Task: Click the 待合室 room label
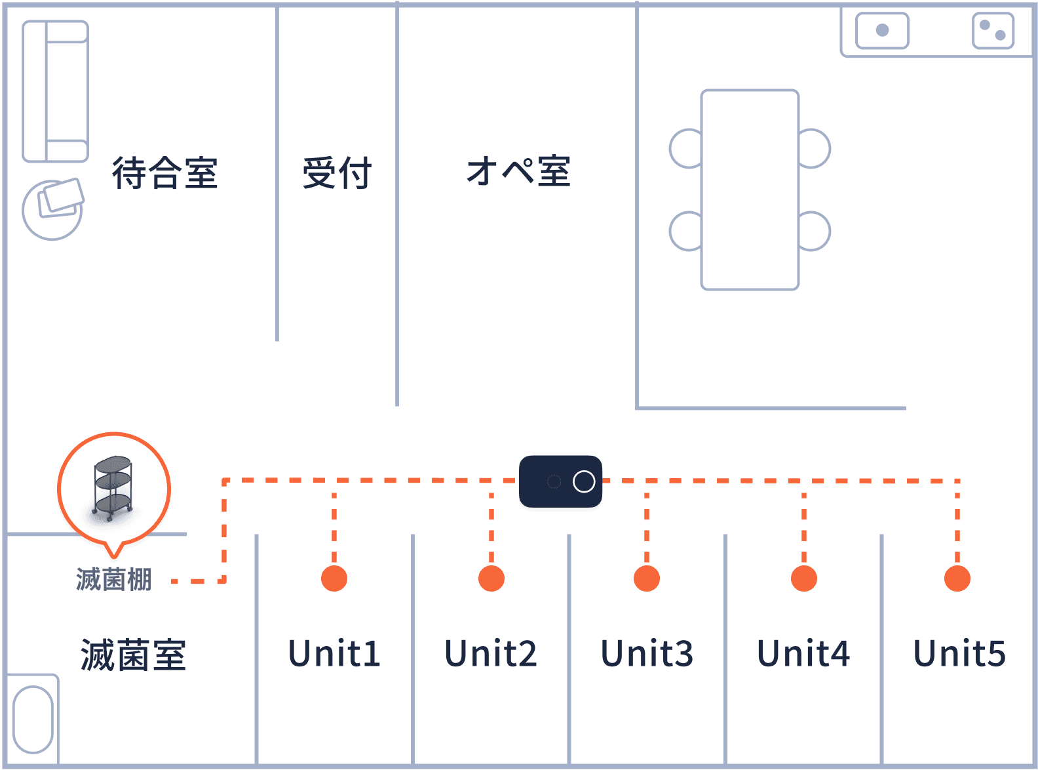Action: pyautogui.click(x=164, y=173)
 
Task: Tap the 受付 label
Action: pyautogui.click(x=337, y=173)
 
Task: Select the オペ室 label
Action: pyautogui.click(x=518, y=172)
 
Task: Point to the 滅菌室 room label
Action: pyautogui.click(x=133, y=655)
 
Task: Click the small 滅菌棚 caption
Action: pyautogui.click(x=114, y=580)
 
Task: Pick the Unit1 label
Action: pyautogui.click(x=334, y=654)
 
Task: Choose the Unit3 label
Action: pyautogui.click(x=647, y=654)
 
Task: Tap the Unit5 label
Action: pyautogui.click(x=959, y=654)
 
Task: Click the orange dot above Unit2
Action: pyautogui.click(x=491, y=578)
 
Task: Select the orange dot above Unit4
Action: pyautogui.click(x=804, y=578)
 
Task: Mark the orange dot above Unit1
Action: pyautogui.click(x=334, y=578)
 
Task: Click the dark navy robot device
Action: pyautogui.click(x=560, y=481)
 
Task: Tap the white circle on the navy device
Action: pyautogui.click(x=584, y=481)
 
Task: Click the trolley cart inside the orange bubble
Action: pyautogui.click(x=113, y=488)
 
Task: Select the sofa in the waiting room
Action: pyautogui.click(x=56, y=91)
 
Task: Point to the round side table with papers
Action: pyautogui.click(x=53, y=209)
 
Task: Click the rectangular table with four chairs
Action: pyautogui.click(x=750, y=190)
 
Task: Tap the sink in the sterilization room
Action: pyautogui.click(x=33, y=719)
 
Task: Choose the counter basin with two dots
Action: pyautogui.click(x=993, y=31)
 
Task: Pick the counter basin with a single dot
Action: pyautogui.click(x=882, y=31)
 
